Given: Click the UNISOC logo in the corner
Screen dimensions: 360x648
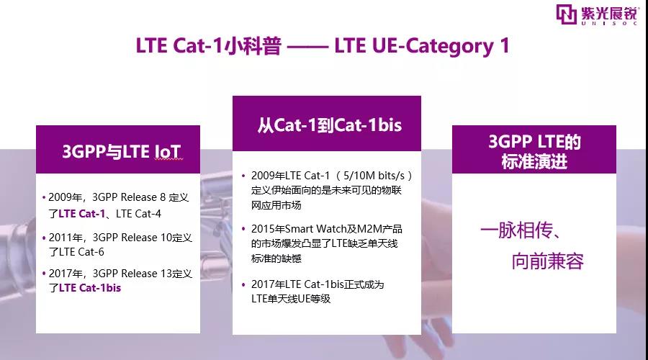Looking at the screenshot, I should coord(600,15).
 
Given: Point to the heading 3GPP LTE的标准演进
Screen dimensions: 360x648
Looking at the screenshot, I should coord(534,152).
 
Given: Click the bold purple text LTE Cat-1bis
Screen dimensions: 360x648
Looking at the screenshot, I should coord(90,287).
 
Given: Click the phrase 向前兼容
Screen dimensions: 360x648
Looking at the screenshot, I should coord(547,261).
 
